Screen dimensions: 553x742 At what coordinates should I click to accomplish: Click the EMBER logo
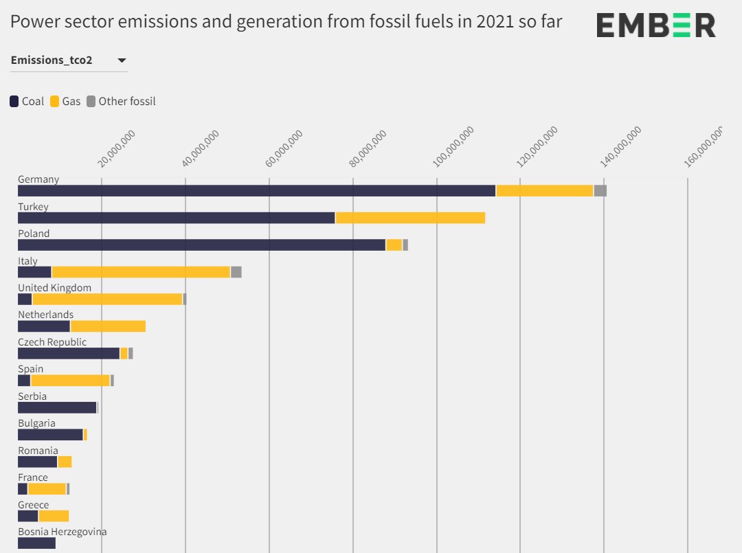[655, 25]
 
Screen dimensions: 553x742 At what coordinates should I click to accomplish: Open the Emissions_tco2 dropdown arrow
[122, 60]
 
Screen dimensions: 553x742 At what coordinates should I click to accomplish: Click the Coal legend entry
[27, 102]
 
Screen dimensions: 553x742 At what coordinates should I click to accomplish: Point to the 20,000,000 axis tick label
[117, 148]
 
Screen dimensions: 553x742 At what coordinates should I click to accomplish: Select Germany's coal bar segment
[256, 191]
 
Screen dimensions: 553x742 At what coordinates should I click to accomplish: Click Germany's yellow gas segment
[544, 191]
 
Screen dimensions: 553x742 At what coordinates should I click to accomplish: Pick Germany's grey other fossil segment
[600, 191]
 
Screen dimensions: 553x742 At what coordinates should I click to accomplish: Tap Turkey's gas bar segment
[410, 218]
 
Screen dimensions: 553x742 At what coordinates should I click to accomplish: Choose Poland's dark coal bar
[201, 245]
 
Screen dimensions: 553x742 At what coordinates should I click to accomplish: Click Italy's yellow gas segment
[141, 272]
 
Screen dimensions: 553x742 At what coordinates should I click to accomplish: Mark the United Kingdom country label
[54, 288]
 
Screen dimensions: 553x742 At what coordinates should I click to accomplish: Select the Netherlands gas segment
[108, 326]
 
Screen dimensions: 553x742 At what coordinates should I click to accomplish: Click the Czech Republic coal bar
[69, 353]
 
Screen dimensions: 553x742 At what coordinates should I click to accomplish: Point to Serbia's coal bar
[57, 407]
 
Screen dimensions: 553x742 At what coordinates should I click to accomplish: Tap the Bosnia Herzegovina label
[62, 532]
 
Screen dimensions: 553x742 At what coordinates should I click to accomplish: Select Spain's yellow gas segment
[70, 381]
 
